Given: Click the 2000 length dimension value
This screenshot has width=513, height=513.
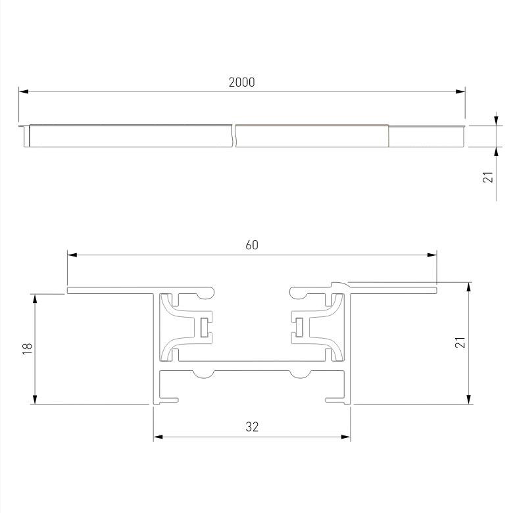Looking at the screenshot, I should point(241,82).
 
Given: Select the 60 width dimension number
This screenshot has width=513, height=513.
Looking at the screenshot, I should point(252,245).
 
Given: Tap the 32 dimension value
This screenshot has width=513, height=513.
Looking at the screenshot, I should point(252,427).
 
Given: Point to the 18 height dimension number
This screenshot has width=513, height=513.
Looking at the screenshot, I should point(27,349).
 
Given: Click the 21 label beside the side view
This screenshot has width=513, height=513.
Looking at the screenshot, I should point(487,177).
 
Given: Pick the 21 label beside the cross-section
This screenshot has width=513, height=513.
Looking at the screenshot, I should point(460,342).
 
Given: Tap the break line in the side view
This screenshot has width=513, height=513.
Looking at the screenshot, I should point(234,135).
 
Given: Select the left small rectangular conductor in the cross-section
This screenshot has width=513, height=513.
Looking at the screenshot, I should point(204,326).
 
